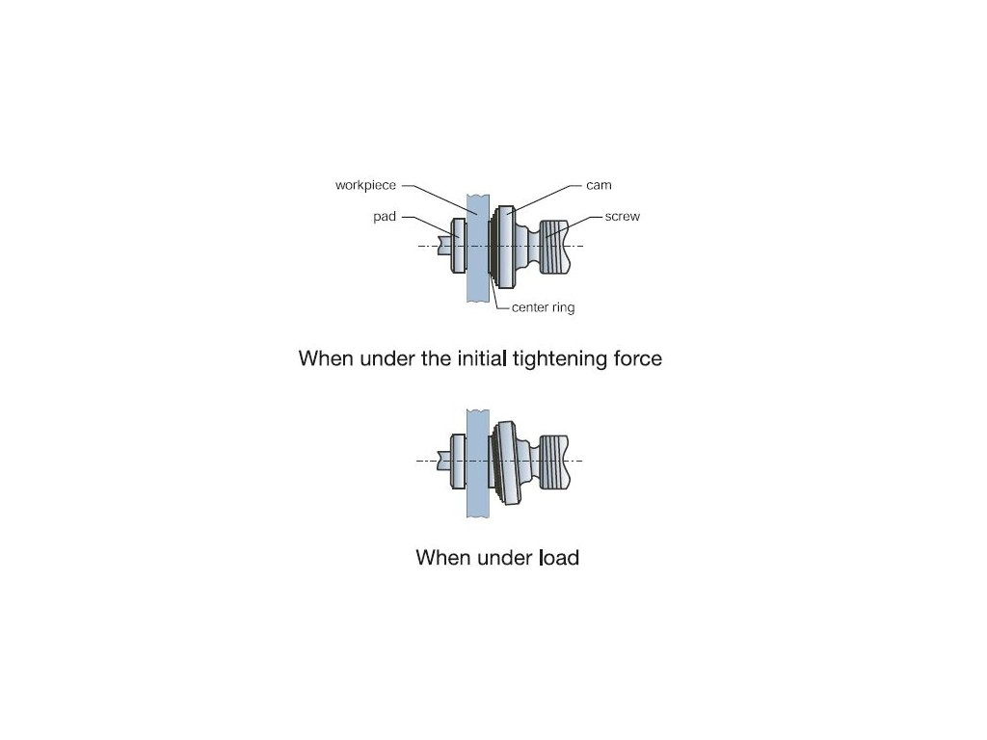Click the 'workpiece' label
click(365, 186)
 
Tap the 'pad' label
click(385, 217)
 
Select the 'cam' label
click(599, 185)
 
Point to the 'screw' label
click(623, 217)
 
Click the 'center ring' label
click(544, 307)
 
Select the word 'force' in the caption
click(638, 358)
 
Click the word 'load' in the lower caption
click(560, 558)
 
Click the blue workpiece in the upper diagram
click(478, 248)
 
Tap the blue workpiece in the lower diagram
click(478, 463)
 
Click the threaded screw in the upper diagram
click(555, 246)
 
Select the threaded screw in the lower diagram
click(554, 462)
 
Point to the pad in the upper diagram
click(459, 246)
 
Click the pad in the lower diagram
click(459, 462)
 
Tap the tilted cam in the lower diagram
click(507, 462)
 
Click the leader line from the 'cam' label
click(544, 198)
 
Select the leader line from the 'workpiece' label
click(440, 200)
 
